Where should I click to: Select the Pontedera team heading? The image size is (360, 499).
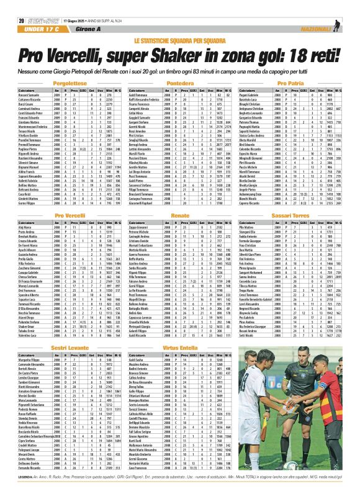point(179,82)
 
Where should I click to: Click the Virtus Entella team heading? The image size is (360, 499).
point(179,349)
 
